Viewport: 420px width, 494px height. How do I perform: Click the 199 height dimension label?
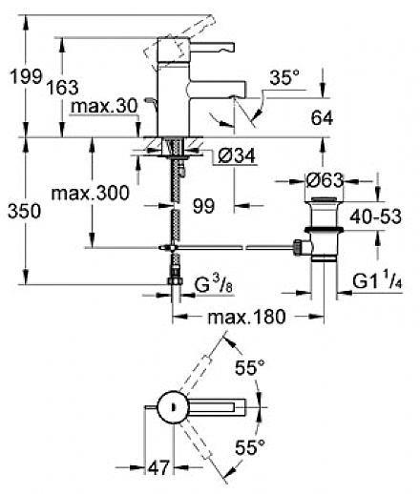pyautogui.click(x=26, y=76)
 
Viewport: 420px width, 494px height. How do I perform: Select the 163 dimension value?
pyautogui.click(x=63, y=87)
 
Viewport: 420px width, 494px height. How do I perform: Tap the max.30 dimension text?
pyautogui.click(x=104, y=106)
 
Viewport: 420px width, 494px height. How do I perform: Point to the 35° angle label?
pyautogui.click(x=284, y=77)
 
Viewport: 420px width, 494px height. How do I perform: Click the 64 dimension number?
pyautogui.click(x=322, y=118)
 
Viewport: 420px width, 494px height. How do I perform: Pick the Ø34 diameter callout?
pyautogui.click(x=237, y=155)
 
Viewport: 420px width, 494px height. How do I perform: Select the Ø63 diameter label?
pyautogui.click(x=325, y=180)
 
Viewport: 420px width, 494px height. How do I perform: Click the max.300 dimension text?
pyautogui.click(x=91, y=193)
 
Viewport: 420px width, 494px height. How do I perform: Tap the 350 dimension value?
pyautogui.click(x=25, y=211)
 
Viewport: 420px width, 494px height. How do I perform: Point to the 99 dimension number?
pyautogui.click(x=203, y=206)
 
